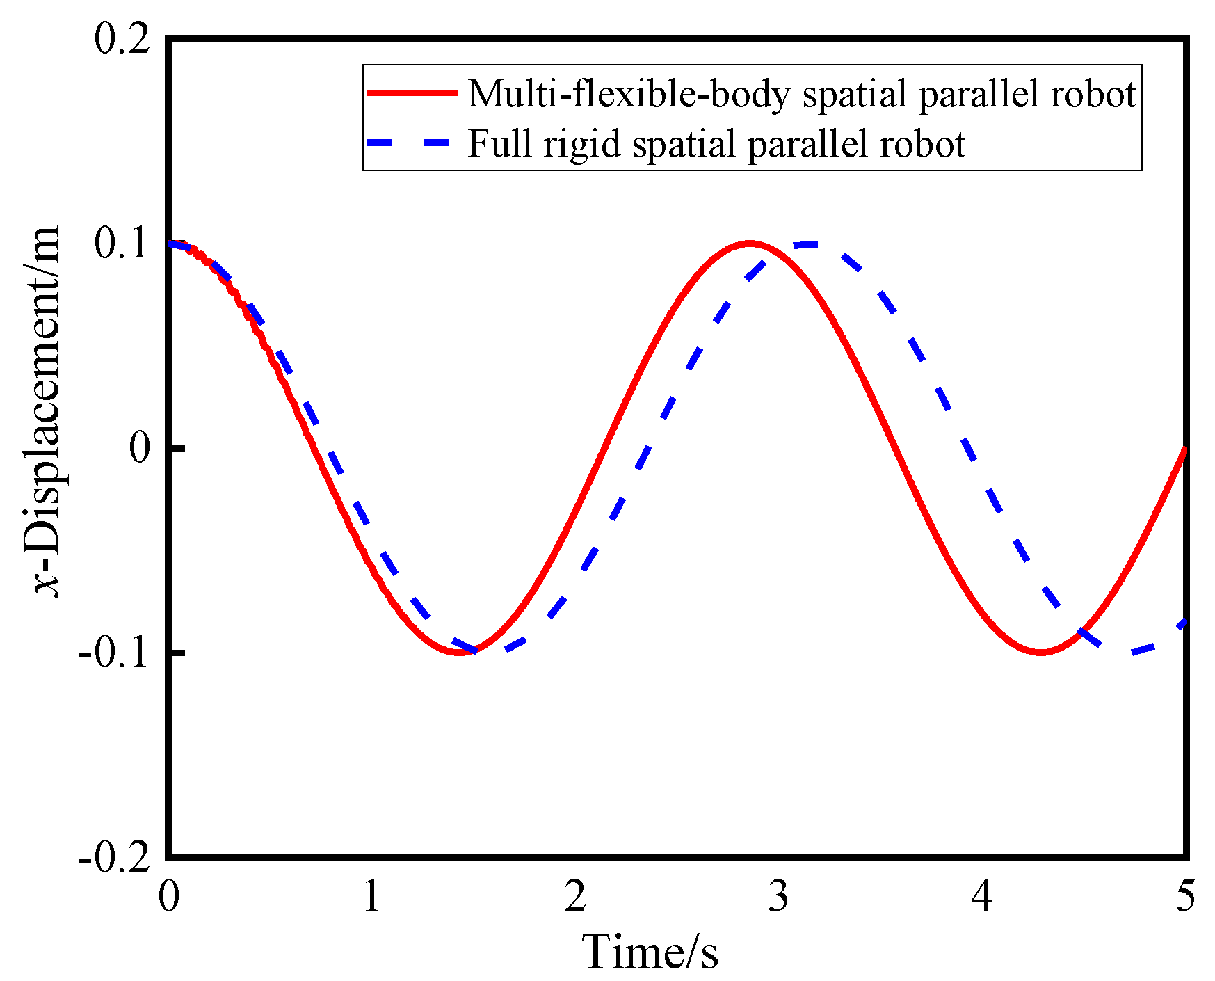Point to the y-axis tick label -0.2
114,857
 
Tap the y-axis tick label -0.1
114,653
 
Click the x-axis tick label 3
778,896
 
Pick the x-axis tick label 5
1185,896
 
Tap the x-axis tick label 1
371,896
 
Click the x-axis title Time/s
650,952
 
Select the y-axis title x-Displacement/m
47,410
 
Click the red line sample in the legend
412,93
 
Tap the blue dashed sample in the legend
412,143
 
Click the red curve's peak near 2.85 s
749,244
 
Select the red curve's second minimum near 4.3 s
1040,652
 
